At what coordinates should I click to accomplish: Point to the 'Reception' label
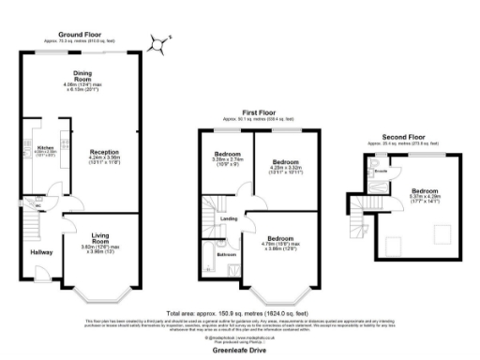[x=104, y=150]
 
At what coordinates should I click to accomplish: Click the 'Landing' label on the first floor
[x=228, y=219]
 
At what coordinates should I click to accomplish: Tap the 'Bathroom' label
[x=227, y=254]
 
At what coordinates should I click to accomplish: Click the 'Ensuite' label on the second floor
[x=381, y=172]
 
